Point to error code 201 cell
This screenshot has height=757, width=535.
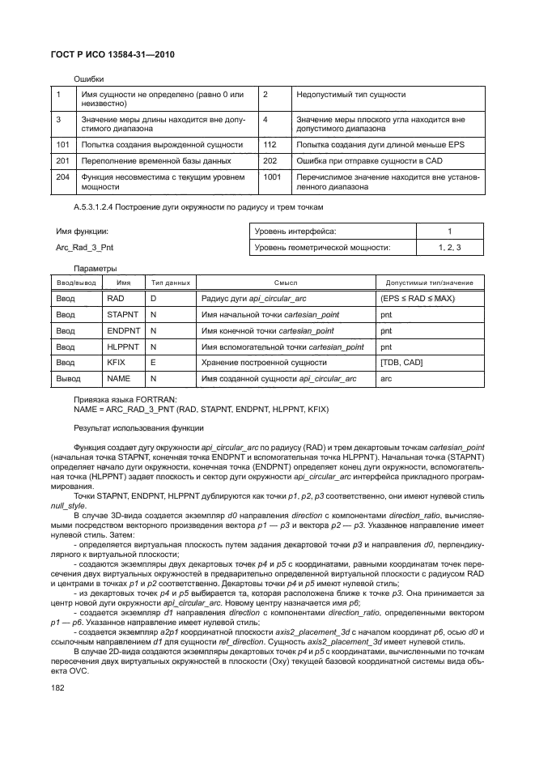pyautogui.click(x=61, y=161)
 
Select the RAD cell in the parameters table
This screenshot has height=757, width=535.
pyautogui.click(x=115, y=300)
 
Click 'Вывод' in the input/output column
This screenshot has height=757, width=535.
pyautogui.click(x=69, y=378)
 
